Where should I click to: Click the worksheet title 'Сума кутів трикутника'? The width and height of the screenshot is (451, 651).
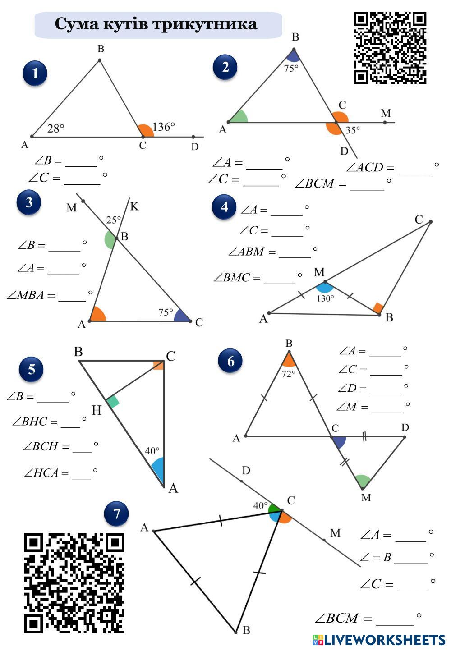click(x=156, y=24)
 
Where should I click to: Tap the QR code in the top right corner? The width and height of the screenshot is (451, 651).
click(x=390, y=48)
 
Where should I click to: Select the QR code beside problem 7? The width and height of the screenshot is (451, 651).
click(x=74, y=583)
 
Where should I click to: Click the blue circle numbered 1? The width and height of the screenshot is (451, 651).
click(x=35, y=73)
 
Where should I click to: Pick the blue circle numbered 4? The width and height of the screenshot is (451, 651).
click(x=224, y=207)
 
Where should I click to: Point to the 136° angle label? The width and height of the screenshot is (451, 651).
click(x=163, y=127)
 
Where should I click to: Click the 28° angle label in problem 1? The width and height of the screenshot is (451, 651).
click(x=56, y=128)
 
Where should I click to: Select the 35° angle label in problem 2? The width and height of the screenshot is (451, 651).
click(x=353, y=130)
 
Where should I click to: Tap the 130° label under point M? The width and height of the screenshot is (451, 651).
click(x=325, y=298)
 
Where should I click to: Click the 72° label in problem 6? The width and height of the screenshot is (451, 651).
click(x=288, y=374)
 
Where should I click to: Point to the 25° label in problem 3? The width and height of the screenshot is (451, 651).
click(x=113, y=220)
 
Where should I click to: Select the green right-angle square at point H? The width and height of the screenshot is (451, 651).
click(x=113, y=401)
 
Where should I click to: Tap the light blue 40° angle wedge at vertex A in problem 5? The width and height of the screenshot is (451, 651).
click(x=157, y=469)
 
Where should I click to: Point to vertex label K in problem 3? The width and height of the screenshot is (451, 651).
click(x=134, y=206)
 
